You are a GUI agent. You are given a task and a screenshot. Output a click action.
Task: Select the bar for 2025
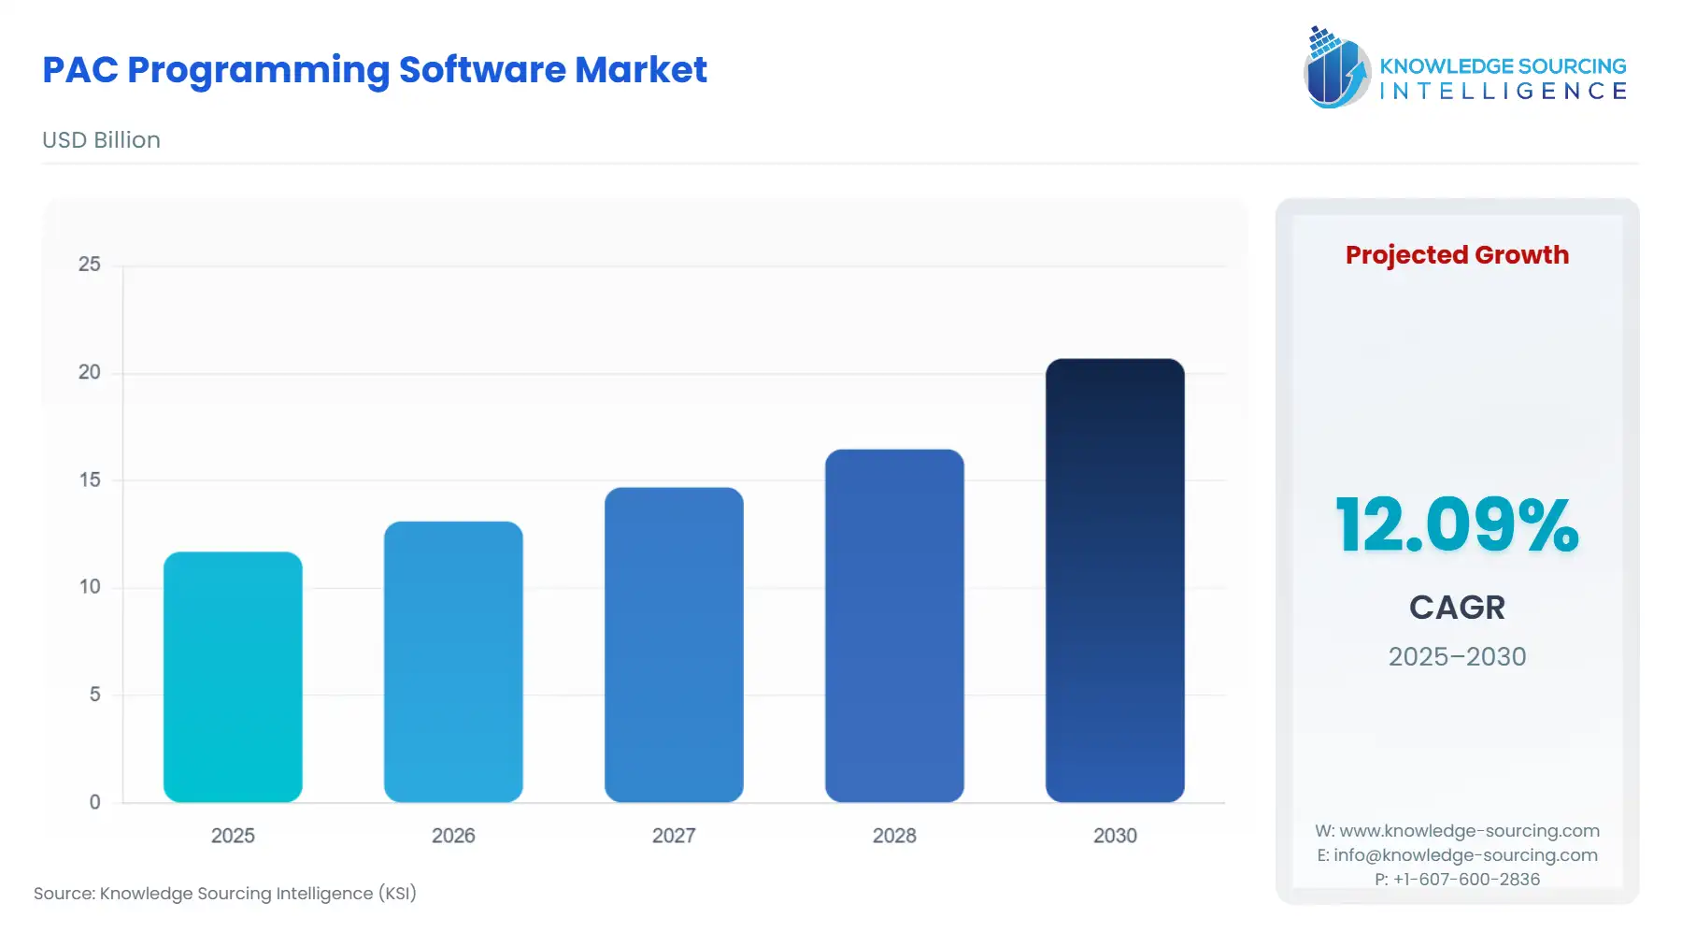pos(233,677)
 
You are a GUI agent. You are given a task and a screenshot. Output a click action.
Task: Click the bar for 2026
pos(453,662)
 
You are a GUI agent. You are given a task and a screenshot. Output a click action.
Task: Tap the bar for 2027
pos(674,645)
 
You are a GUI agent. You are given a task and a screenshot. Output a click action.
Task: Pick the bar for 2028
pos(894,625)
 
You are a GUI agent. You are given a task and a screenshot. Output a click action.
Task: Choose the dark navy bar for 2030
pos(1115,580)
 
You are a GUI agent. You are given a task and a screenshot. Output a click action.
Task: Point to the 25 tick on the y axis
pos(90,265)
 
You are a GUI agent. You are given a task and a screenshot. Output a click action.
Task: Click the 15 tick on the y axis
pos(90,480)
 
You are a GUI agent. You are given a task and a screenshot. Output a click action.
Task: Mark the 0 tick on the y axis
pos(94,802)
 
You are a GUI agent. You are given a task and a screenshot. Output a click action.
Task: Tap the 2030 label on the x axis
pos(1115,836)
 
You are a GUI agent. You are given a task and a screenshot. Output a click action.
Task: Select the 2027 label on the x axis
pos(674,836)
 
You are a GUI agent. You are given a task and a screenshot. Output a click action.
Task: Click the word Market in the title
pos(640,70)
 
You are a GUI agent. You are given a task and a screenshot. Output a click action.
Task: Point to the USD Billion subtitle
pos(101,140)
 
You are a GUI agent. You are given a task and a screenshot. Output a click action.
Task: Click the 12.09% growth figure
pos(1457,525)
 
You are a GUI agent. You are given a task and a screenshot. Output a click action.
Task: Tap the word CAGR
pos(1457,608)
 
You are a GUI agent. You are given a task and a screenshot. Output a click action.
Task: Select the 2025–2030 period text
pos(1457,656)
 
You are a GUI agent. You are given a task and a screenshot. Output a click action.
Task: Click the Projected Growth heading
pos(1457,255)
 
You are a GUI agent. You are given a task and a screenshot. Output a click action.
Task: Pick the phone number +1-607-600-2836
pos(1466,880)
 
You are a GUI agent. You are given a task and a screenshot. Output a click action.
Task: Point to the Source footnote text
pos(225,894)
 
